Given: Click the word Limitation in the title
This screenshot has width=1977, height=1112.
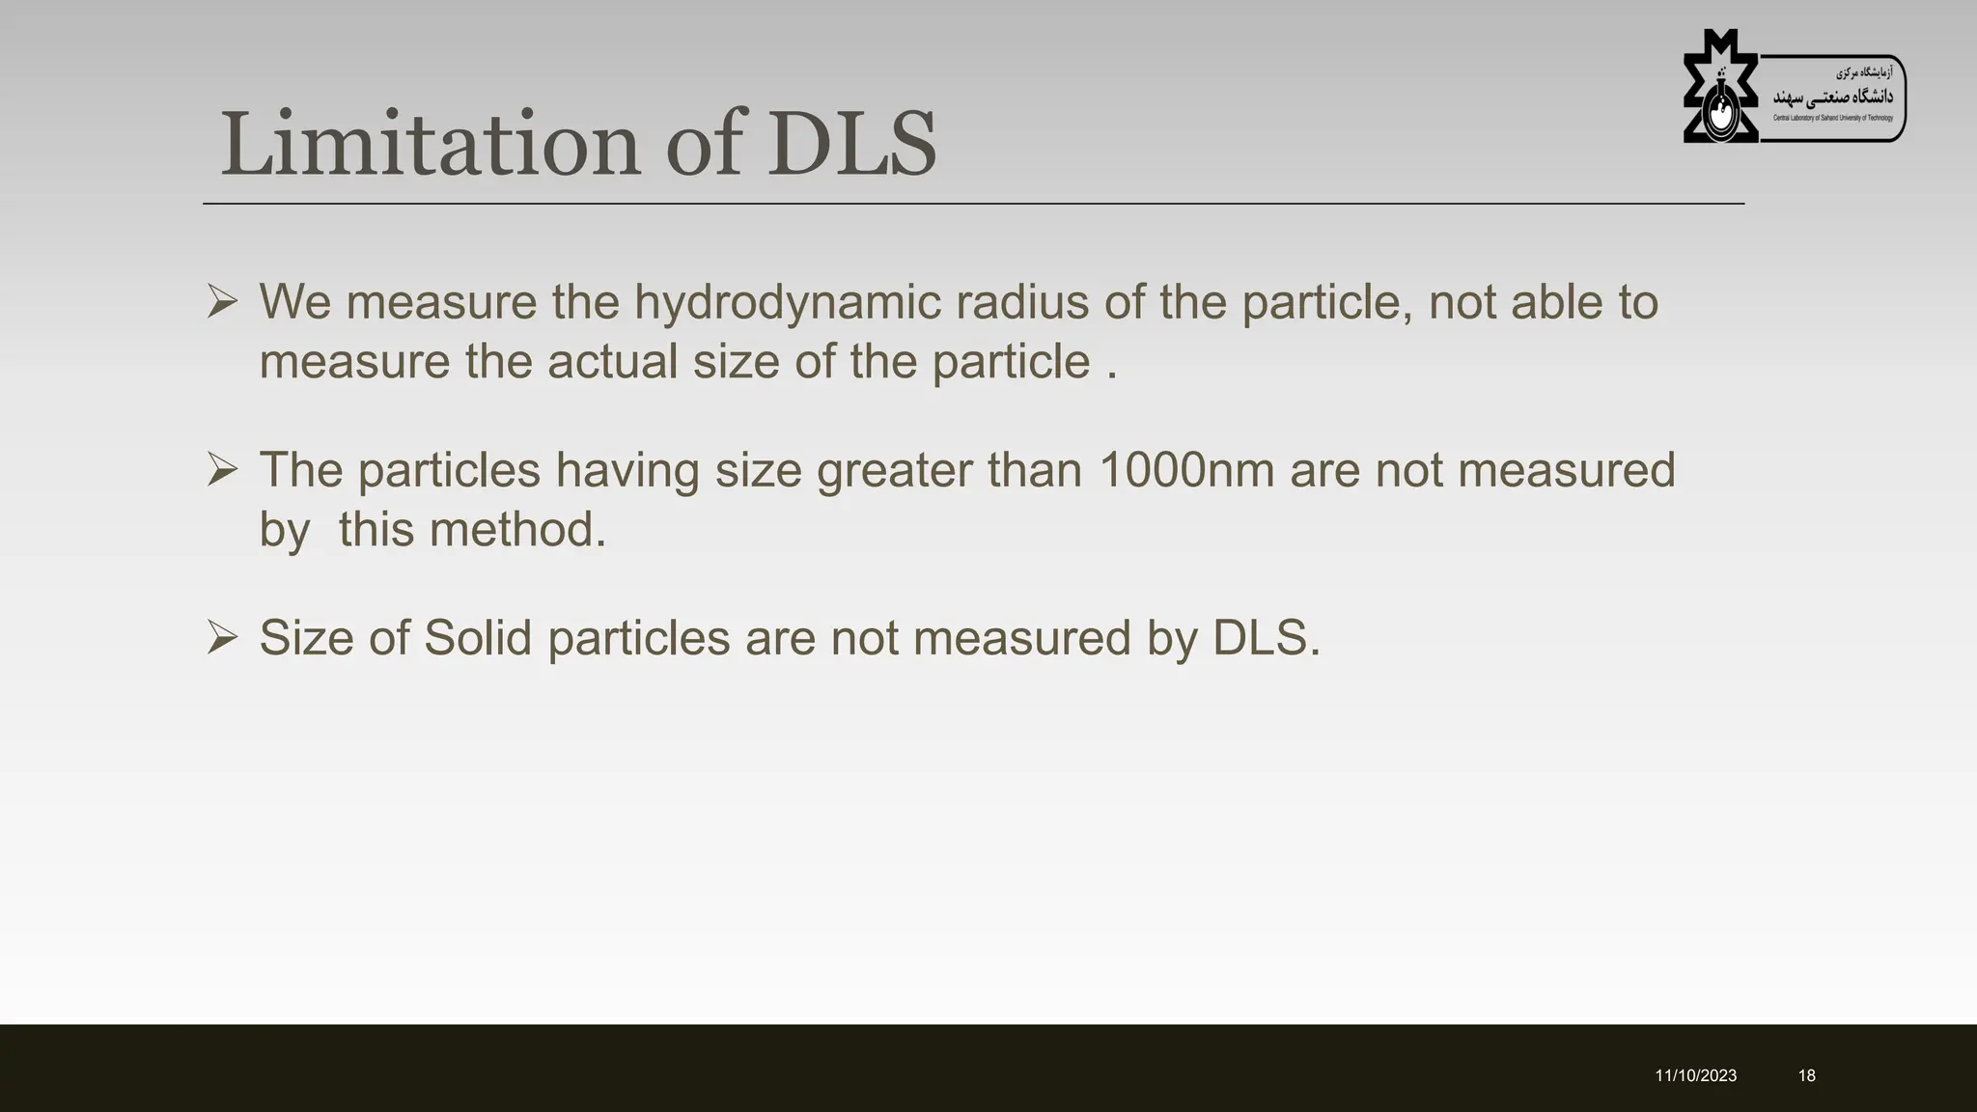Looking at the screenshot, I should [430, 145].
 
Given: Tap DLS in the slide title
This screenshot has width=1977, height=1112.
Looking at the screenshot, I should [851, 145].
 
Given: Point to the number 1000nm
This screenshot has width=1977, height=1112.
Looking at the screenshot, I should [1185, 470].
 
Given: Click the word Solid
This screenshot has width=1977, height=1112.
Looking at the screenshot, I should [478, 638].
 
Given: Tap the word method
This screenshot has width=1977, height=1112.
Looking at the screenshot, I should [517, 530].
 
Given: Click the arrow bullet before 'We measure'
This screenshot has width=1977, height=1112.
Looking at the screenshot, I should [222, 302].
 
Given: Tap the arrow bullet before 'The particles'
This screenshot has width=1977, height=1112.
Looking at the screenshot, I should [222, 470].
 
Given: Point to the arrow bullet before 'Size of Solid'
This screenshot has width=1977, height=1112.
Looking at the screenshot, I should [222, 638].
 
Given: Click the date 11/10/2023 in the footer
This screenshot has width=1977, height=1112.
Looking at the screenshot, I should [1695, 1075].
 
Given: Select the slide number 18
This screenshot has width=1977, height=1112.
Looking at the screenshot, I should [1806, 1075].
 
